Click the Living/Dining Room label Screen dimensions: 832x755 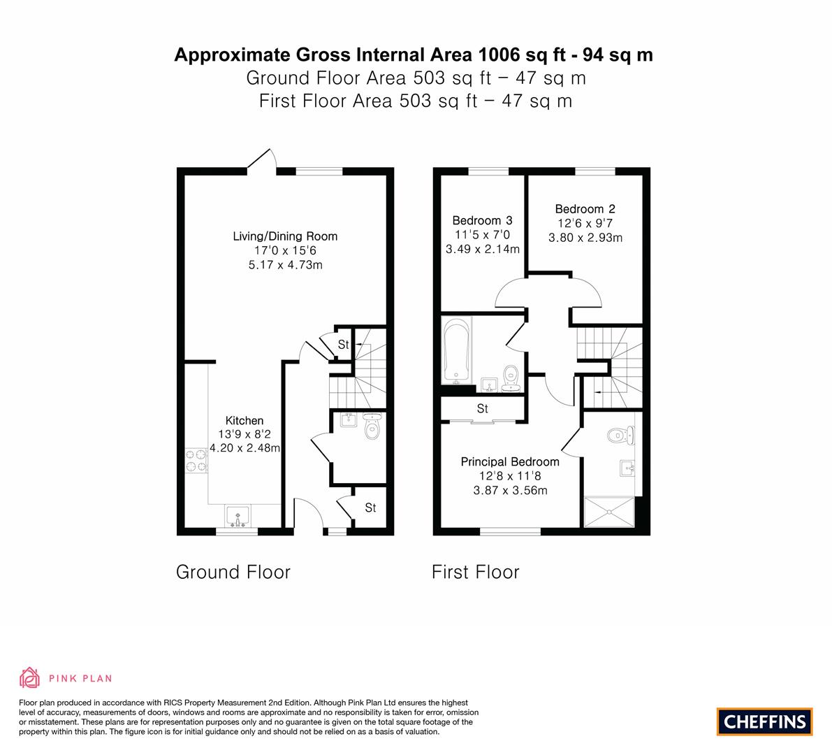coord(285,236)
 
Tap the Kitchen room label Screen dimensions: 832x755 coord(244,421)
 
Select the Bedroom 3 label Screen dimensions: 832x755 coord(482,220)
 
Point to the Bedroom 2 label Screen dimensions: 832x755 coord(585,209)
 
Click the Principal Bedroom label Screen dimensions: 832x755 coord(510,462)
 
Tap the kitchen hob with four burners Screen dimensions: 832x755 coord(196,461)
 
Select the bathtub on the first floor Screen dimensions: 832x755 coord(456,350)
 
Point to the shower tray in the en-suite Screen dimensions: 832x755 coord(609,512)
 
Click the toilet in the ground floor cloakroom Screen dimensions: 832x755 coord(373,426)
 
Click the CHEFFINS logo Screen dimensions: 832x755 coord(765,721)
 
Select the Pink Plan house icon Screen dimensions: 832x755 coord(30,677)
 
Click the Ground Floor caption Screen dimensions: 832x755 coord(233,572)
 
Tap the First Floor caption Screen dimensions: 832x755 coord(476,572)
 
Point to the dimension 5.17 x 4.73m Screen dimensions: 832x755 coord(286,265)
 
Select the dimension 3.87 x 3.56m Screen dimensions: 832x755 coord(511,491)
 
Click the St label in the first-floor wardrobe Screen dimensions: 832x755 coord(482,408)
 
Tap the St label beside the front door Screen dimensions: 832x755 coord(370,508)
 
